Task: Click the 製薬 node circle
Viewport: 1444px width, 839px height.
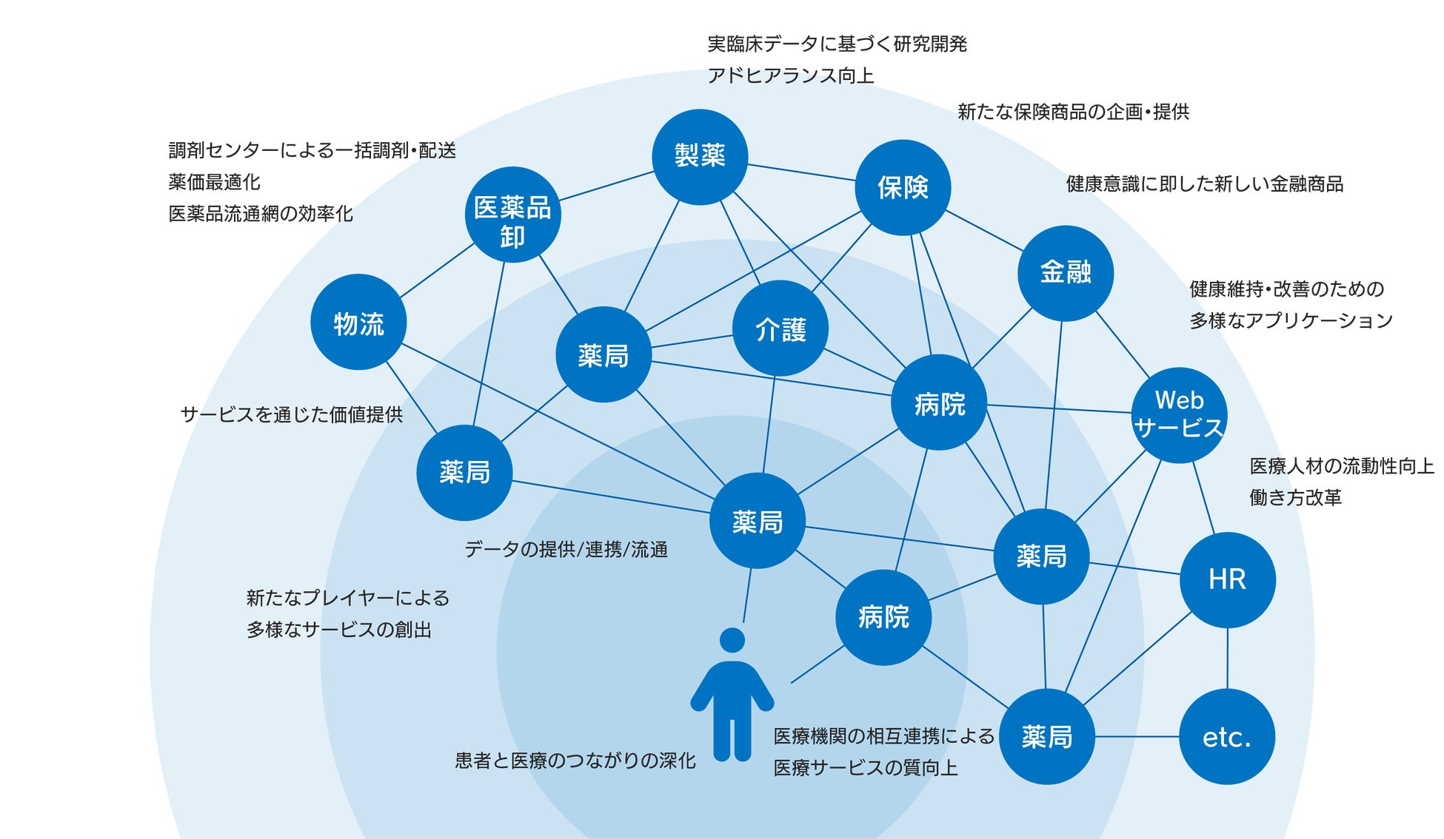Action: pos(700,157)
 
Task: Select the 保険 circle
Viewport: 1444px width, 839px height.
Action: pos(903,188)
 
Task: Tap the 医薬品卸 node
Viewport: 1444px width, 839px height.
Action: pos(512,215)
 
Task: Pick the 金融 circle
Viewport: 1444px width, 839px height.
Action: pos(1066,273)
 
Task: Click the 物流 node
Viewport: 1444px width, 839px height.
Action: pos(358,323)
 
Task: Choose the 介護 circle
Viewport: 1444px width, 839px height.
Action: pos(780,328)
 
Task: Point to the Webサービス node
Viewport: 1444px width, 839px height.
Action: pos(1179,415)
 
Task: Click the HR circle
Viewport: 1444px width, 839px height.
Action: pos(1227,580)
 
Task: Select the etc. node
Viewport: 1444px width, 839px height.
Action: pos(1227,737)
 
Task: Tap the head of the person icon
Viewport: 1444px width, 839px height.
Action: pos(732,641)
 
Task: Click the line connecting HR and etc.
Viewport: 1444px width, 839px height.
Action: pos(1227,658)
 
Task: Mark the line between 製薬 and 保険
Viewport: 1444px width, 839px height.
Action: pos(801,172)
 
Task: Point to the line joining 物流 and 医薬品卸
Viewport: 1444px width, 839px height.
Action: pos(436,270)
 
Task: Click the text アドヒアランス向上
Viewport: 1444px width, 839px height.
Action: pos(790,75)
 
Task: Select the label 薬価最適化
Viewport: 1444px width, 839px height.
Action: pos(214,182)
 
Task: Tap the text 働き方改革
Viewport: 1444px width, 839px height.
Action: pos(1295,498)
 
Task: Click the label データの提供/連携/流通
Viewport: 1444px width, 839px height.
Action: pos(566,550)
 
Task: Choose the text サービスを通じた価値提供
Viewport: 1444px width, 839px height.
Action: pos(292,415)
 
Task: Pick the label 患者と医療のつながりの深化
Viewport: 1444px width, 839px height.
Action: pos(575,761)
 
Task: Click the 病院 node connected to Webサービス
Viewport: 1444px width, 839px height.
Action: pos(939,402)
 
